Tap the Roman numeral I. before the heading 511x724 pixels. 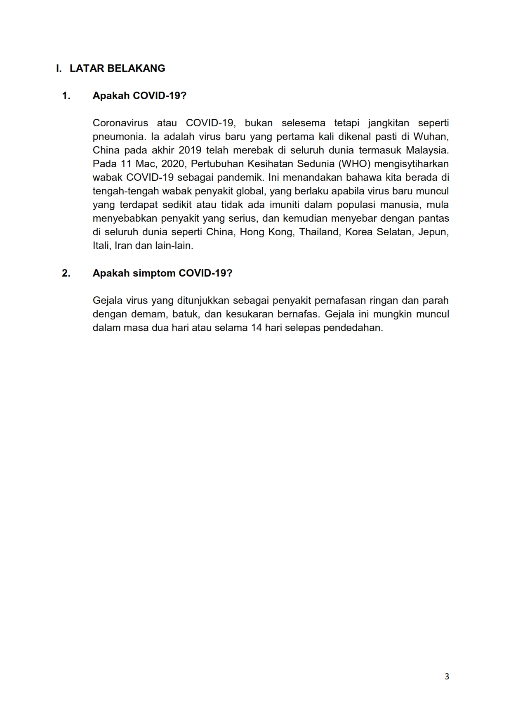tap(59, 69)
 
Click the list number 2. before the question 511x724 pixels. tap(66, 273)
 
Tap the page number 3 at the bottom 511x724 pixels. tap(447, 677)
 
